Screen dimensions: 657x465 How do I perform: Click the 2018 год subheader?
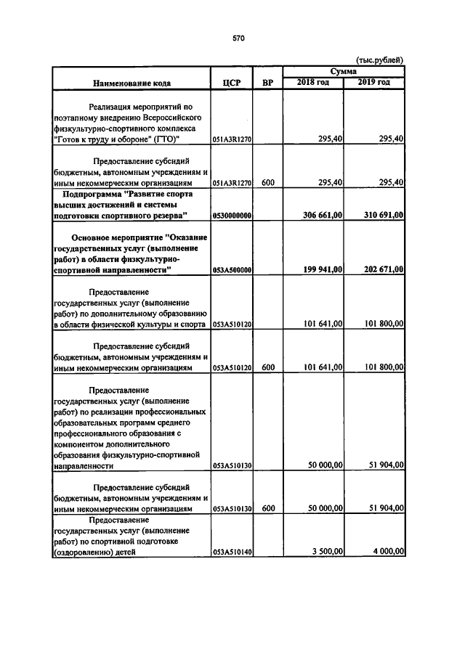point(313,82)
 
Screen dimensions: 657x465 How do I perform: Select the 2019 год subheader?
point(374,82)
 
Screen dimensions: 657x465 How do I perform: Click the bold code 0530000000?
point(232,216)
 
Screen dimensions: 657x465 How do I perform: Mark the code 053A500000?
point(232,270)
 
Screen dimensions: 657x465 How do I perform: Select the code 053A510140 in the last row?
point(232,552)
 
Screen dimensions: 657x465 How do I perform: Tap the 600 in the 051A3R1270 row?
point(267,182)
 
